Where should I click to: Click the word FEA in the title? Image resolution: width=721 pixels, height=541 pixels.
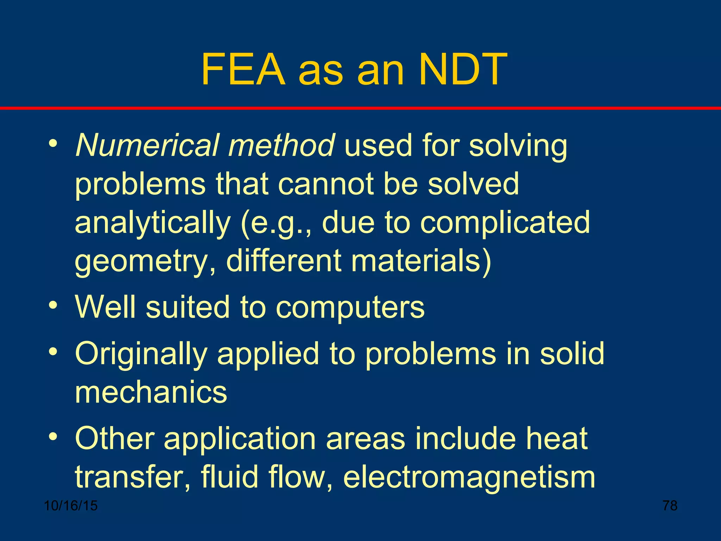pos(243,69)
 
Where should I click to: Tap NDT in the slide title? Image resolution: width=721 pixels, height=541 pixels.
pos(463,69)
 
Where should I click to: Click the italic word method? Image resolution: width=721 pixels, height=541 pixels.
pos(281,145)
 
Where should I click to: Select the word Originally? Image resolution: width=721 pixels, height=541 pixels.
pos(141,354)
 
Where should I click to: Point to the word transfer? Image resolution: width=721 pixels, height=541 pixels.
pos(132,477)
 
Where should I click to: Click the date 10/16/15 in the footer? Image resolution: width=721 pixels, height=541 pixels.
pos(71,506)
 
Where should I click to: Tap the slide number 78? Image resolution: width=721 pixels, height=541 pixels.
pos(670,506)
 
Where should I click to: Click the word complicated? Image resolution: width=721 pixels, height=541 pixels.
pos(505,223)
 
